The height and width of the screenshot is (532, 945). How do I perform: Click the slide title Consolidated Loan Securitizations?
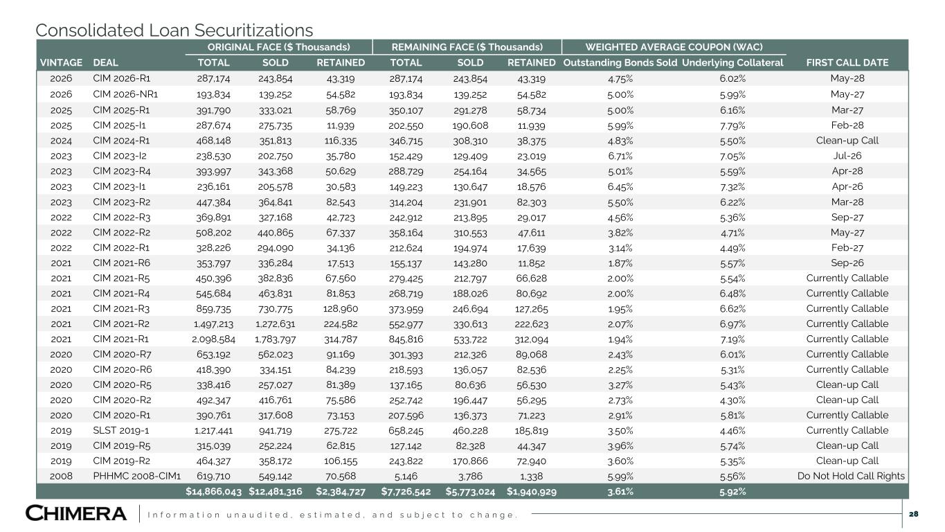pos(174,30)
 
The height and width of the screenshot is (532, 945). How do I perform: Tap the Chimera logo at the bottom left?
pos(76,513)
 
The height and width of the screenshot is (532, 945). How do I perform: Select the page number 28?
pos(913,514)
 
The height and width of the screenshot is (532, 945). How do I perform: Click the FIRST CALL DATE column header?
pos(847,62)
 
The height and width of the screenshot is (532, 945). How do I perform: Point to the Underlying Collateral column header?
pos(732,62)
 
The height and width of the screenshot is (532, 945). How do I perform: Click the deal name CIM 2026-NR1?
pos(125,94)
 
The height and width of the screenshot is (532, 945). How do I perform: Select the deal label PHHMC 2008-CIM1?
pos(136,476)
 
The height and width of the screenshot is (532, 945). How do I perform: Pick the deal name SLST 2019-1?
pos(120,430)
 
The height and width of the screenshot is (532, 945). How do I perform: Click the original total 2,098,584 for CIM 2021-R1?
pos(213,339)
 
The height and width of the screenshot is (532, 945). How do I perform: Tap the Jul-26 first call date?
pos(847,156)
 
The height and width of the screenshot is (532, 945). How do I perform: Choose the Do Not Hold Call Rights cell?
pos(851,476)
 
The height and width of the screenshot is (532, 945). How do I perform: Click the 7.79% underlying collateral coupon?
pos(732,125)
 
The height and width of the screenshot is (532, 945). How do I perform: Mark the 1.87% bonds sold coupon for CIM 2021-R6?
pos(620,263)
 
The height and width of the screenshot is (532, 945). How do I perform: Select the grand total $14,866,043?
pos(213,491)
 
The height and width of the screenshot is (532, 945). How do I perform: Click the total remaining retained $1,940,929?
pos(532,491)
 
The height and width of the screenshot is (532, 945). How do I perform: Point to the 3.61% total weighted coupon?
pos(620,491)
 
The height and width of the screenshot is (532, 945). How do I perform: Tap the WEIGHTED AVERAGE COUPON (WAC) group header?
pos(674,47)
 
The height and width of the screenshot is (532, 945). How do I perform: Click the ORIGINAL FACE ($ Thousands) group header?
pos(278,47)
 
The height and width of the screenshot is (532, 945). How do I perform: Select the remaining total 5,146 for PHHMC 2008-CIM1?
pos(406,477)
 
